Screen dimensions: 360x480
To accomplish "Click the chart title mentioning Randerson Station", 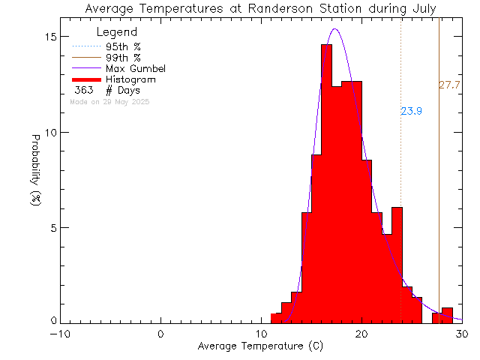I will point(261,9).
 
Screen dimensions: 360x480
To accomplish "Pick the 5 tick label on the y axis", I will point(52,228).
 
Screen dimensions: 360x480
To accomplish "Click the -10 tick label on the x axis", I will point(61,334).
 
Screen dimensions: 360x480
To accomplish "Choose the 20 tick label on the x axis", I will point(362,334).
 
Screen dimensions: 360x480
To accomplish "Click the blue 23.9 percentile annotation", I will point(411,112).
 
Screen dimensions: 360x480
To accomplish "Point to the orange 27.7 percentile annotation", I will point(449,85).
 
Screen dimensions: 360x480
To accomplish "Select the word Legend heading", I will point(118,32).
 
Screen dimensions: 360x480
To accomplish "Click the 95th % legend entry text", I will point(124,46).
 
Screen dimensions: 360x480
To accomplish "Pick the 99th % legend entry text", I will point(124,58).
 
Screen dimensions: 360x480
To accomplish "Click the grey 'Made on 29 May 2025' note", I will point(109,101).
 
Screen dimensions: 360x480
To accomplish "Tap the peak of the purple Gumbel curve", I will point(334,29).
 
